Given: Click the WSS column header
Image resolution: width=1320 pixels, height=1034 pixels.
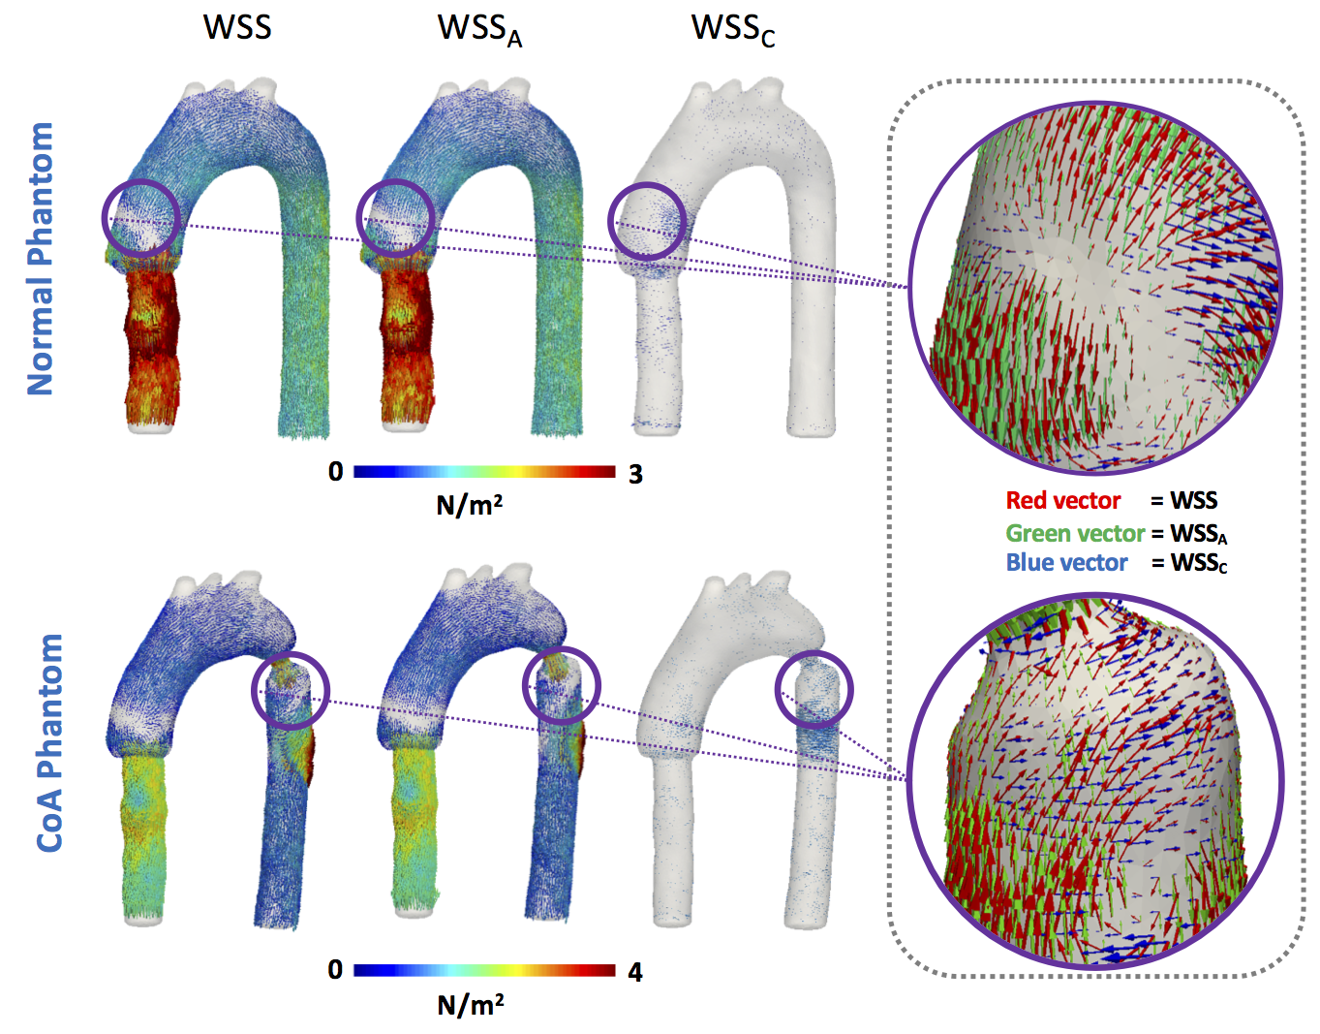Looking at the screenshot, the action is tap(237, 26).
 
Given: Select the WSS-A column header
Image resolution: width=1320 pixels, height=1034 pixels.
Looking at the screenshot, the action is tap(478, 29).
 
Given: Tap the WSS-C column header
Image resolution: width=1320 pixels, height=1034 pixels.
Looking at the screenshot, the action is tap(732, 29).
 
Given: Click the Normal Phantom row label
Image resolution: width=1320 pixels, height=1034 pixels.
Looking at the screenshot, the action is tap(40, 259).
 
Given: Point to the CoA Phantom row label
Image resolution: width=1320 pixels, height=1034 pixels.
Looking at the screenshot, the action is tap(49, 743).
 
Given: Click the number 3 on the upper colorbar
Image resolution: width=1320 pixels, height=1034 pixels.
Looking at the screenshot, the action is tap(635, 474).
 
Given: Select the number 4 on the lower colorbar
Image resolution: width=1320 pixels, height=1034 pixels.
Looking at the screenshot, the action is tap(635, 972).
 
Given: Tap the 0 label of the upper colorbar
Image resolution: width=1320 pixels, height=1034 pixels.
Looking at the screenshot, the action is tap(336, 472).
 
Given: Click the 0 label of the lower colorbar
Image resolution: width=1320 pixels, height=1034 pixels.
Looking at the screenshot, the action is tap(335, 970).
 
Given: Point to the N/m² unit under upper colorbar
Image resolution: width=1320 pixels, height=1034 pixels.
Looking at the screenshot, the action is tap(470, 505).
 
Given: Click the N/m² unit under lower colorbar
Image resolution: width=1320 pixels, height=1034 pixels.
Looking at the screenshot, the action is tap(471, 1005).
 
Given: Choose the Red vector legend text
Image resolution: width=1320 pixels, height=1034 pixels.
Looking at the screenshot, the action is tap(1062, 501).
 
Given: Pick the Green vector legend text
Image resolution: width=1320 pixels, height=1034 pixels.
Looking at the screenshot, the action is tap(1075, 533).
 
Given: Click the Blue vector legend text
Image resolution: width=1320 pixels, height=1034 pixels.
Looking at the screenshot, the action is tap(1066, 563).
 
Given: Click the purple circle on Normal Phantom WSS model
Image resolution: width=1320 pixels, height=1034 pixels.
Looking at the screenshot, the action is tap(141, 217).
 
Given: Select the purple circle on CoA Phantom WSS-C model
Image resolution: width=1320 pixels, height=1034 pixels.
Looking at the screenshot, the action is tap(814, 690).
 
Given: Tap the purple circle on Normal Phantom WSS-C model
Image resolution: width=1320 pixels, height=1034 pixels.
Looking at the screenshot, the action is tap(647, 221).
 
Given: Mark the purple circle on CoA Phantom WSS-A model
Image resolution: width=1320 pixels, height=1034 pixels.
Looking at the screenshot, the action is tap(561, 686).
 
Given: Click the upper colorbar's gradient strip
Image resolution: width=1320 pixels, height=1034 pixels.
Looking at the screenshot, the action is tap(484, 472).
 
